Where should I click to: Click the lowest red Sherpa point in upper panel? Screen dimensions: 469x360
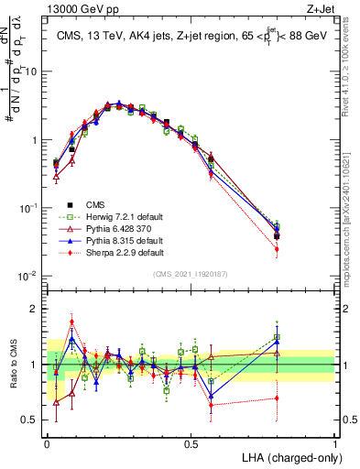point(277,248)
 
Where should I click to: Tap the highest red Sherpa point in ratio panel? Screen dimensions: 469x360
point(72,322)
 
